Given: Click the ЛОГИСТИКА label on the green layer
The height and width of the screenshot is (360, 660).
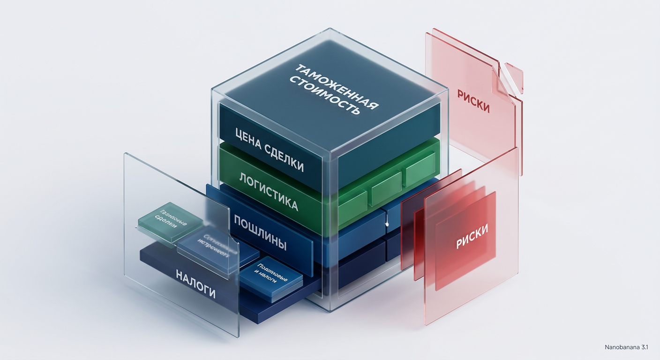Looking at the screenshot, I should click(x=268, y=191).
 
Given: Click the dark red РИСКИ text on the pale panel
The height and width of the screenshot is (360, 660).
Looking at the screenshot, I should click(x=473, y=100).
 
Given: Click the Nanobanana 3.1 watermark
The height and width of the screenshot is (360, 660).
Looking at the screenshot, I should click(x=626, y=347).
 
